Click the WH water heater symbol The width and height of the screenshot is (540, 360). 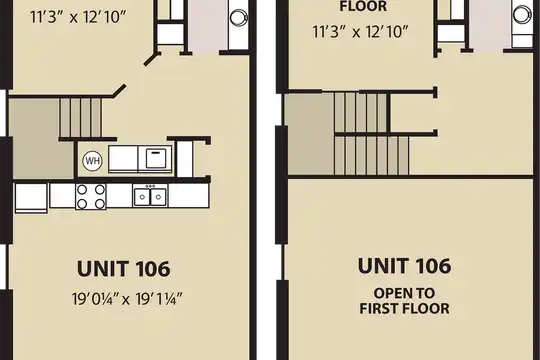point(93,161)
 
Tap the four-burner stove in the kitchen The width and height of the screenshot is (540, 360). point(91,196)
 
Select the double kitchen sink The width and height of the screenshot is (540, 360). point(150,196)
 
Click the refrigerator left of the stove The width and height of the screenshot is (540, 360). point(31,198)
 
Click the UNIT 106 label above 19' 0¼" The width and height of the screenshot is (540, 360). point(124,269)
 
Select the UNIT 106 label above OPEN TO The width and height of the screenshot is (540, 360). point(404,266)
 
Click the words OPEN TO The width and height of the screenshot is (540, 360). point(404,293)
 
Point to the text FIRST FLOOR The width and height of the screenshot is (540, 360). point(404,308)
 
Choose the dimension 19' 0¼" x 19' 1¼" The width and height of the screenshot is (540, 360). point(127,299)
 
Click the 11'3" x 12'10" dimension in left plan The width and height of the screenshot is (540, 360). point(79,17)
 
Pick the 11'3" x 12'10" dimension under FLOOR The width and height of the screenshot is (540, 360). point(360,32)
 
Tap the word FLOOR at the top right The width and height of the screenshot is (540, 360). point(363,6)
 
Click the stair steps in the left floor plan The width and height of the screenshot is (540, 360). point(81,118)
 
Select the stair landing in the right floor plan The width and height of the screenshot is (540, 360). point(311,134)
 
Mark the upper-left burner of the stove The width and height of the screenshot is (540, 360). point(82,189)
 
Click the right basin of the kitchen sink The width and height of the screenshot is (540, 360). point(158,197)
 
